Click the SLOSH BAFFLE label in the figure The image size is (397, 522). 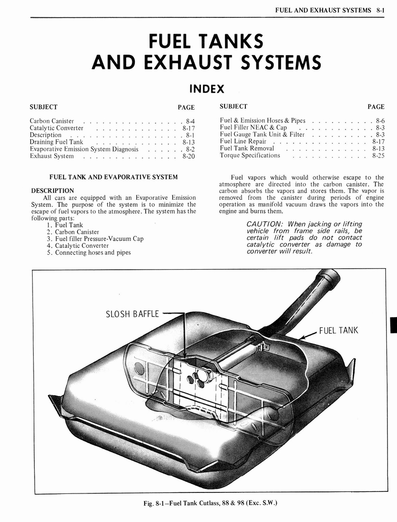(132, 314)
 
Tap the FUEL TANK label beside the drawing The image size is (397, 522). (338, 330)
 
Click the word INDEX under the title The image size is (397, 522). (207, 89)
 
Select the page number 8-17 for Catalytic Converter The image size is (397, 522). (188, 128)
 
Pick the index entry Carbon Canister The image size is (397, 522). (52, 121)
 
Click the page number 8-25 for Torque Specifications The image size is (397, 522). (378, 155)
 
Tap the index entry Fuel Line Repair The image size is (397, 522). (243, 141)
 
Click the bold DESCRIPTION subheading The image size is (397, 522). (52, 191)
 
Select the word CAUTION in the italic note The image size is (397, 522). (264, 224)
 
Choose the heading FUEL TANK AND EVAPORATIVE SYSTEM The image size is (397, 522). (113, 177)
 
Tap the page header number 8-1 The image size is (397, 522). (380, 10)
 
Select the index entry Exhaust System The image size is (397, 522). (52, 156)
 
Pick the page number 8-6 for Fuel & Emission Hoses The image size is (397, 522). (380, 120)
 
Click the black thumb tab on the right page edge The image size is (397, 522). (393, 324)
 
